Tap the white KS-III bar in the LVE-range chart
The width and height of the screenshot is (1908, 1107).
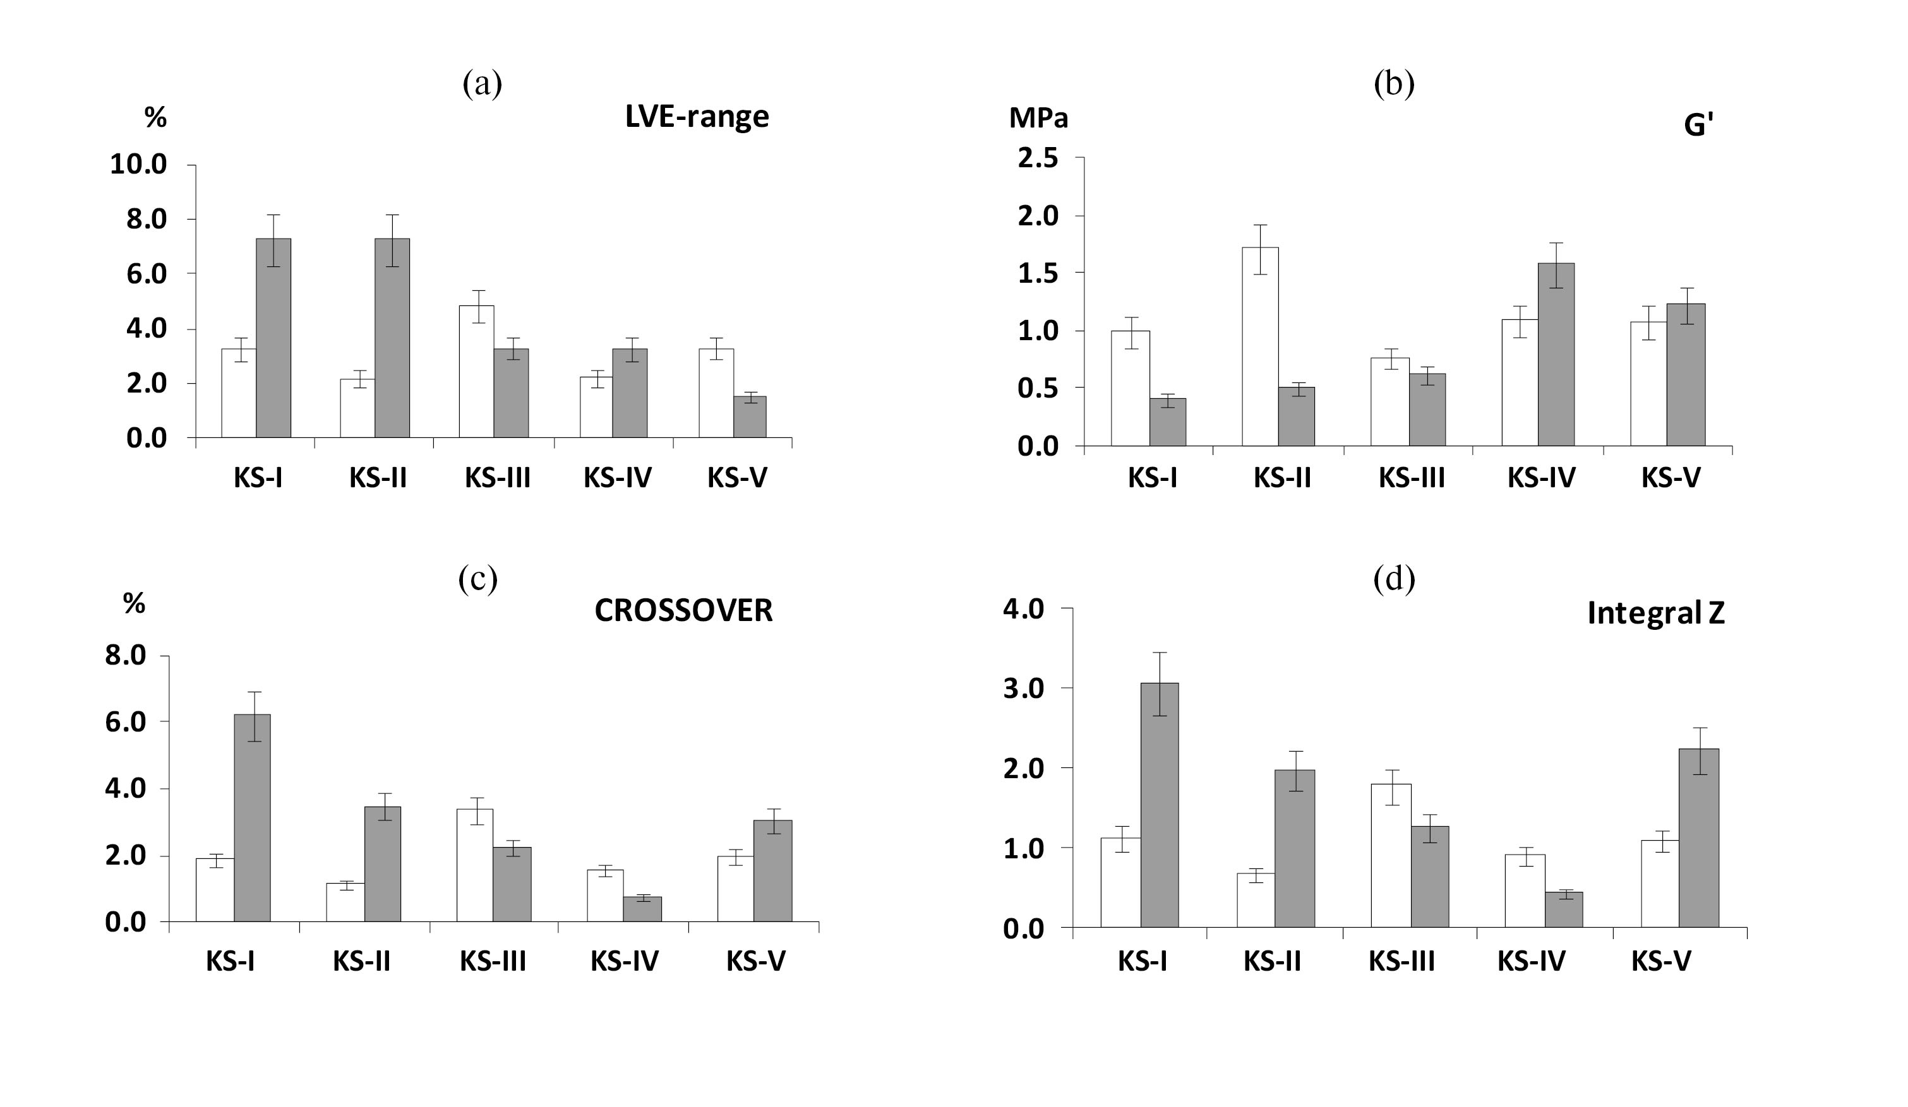(476, 372)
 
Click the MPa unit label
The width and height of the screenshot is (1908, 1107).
(1038, 119)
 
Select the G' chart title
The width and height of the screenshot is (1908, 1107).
(1698, 126)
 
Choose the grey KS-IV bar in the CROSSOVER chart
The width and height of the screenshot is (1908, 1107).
(642, 909)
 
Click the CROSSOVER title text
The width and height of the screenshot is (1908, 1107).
(683, 611)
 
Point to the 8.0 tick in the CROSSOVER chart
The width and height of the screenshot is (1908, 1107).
(126, 655)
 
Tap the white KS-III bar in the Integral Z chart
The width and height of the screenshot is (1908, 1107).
(1391, 855)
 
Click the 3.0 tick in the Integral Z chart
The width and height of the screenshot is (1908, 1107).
(1024, 689)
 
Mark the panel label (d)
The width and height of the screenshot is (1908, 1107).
(1393, 579)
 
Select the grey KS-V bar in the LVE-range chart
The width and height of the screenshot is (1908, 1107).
(750, 417)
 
